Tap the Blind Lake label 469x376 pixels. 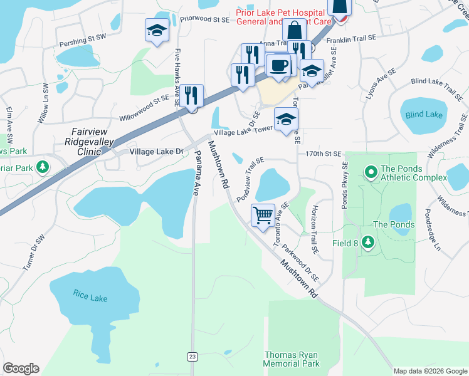[424, 115]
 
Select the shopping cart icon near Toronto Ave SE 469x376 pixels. [263, 215]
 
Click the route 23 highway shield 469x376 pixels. [192, 357]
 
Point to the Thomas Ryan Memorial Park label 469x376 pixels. [292, 359]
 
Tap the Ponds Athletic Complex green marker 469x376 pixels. [370, 170]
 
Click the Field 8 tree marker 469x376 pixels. [367, 243]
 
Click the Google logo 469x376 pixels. [21, 368]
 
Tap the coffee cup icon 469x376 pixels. [278, 65]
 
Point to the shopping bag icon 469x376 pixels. [294, 29]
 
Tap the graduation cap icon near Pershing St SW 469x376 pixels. [156, 30]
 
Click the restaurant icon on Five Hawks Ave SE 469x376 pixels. [192, 96]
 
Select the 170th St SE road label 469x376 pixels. [324, 154]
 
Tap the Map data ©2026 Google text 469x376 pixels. [430, 371]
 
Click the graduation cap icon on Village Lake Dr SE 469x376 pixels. [286, 119]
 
